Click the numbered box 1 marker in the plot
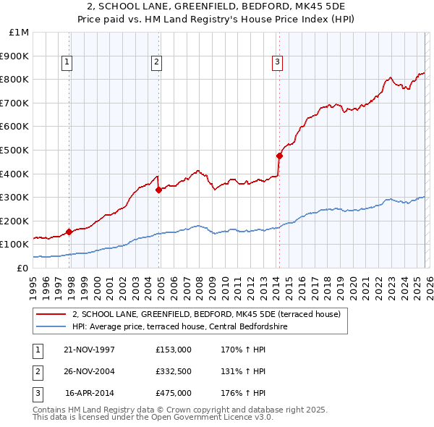click(67, 63)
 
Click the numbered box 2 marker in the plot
click(156, 63)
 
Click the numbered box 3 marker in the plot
click(277, 63)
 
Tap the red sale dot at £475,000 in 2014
click(279, 156)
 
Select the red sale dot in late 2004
click(159, 190)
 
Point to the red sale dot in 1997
click(69, 232)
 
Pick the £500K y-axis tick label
click(16, 150)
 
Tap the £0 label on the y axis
click(22, 268)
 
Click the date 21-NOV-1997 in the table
click(89, 350)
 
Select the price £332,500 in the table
click(174, 371)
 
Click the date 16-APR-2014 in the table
click(89, 393)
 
